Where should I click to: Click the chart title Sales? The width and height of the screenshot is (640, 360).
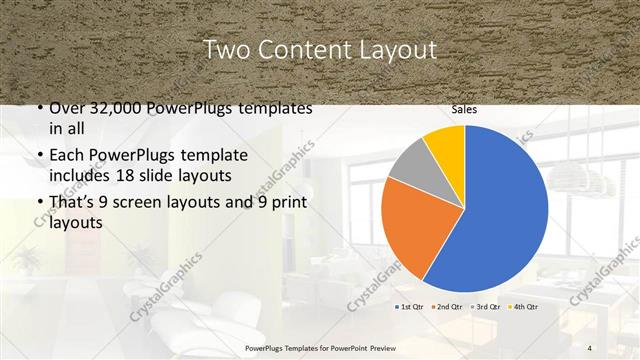(464, 110)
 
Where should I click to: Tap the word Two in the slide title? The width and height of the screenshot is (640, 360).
(224, 50)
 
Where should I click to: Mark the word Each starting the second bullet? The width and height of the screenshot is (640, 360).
(66, 157)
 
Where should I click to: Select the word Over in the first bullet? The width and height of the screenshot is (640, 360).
(66, 109)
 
